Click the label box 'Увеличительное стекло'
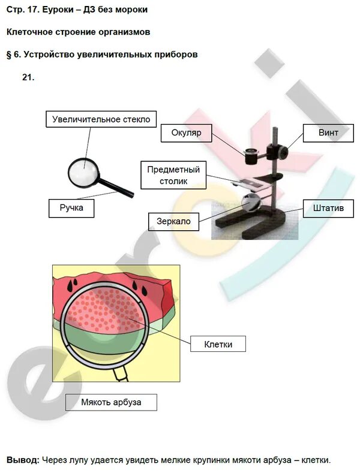(x=101, y=119)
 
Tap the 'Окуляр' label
(x=186, y=133)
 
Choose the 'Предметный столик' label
(x=174, y=174)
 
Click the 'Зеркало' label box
(x=173, y=221)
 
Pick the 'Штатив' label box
(x=328, y=209)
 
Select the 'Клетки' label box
(x=218, y=344)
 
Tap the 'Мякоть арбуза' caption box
(x=111, y=402)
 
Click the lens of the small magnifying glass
(x=83, y=172)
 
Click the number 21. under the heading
(x=28, y=77)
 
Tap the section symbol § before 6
(x=10, y=54)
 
